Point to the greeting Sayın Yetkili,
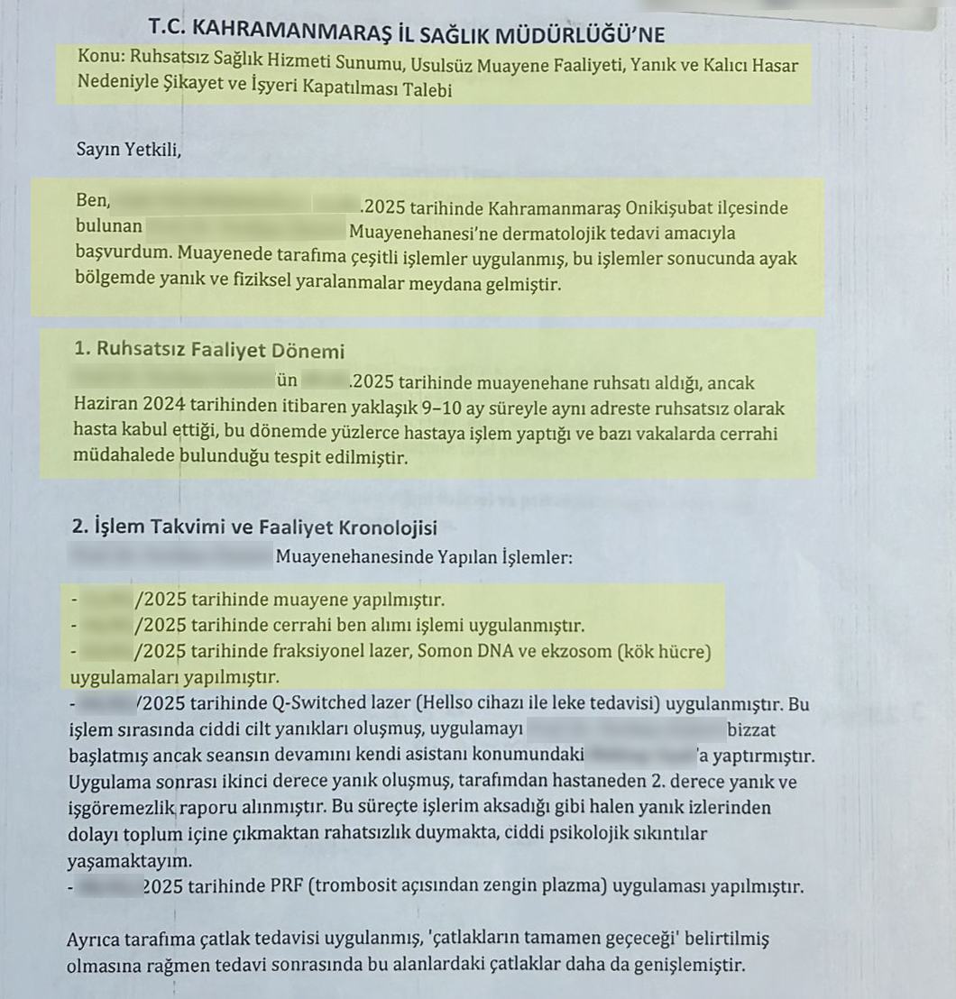tap(129, 150)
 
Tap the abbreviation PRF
tap(287, 887)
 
